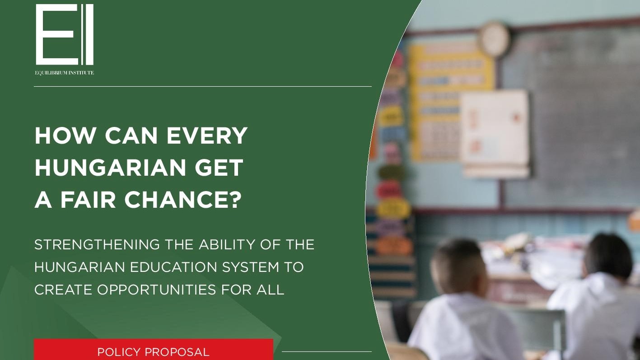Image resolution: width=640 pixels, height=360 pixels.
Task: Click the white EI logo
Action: coord(65,35)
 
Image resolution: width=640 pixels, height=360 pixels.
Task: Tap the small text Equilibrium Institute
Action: coord(64,73)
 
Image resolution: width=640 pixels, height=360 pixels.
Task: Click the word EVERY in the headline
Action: coord(207,136)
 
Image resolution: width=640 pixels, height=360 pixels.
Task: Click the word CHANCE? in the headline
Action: coord(183,200)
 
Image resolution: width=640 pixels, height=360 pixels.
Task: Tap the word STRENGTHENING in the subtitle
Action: coord(97,244)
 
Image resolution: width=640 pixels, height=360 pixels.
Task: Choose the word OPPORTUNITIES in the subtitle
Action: coord(157,290)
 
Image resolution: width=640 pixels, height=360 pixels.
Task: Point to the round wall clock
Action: coord(494,39)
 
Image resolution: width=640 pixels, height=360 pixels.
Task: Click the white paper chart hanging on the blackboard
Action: coord(495,133)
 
